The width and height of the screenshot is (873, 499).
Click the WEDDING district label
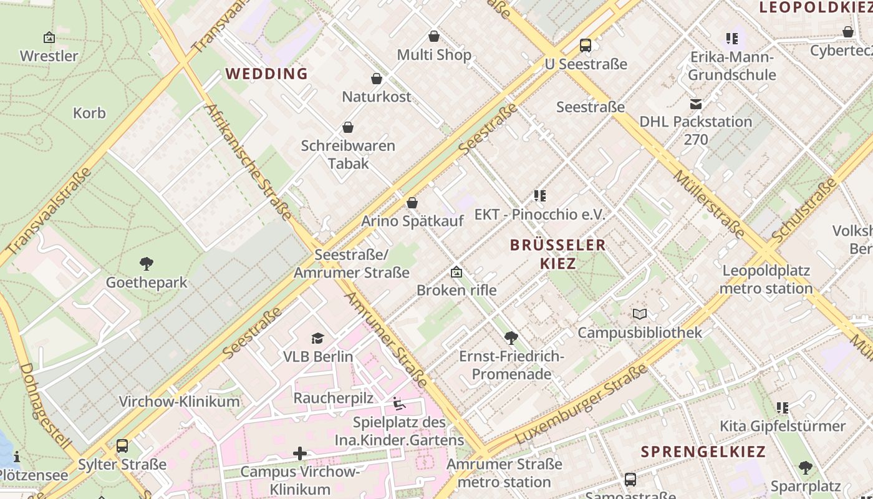[x=267, y=74]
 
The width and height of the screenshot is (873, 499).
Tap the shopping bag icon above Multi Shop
[x=434, y=37]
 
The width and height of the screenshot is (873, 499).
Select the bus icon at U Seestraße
[x=585, y=46]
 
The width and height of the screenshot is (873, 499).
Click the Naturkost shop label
[x=377, y=97]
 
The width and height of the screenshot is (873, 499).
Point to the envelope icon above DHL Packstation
[x=695, y=104]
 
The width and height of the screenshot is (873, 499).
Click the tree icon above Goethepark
[x=147, y=264]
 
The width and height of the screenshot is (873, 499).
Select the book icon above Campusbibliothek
[x=640, y=314]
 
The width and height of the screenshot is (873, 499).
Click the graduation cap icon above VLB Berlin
[x=318, y=339]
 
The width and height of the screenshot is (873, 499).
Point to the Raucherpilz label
[x=333, y=398]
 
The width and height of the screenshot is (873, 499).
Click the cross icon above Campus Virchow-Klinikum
[x=300, y=453]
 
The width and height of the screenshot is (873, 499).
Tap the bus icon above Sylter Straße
[x=122, y=446]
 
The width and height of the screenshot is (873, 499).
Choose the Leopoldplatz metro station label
[x=766, y=279]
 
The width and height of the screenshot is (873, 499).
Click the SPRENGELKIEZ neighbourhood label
[x=703, y=452]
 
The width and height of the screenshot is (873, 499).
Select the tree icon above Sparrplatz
[x=806, y=468]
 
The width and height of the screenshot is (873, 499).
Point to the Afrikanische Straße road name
[x=248, y=162]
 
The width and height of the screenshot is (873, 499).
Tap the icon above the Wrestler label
[x=49, y=38]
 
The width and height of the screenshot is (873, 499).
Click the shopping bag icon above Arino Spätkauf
[x=412, y=203]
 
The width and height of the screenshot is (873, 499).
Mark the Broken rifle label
[x=456, y=290]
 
